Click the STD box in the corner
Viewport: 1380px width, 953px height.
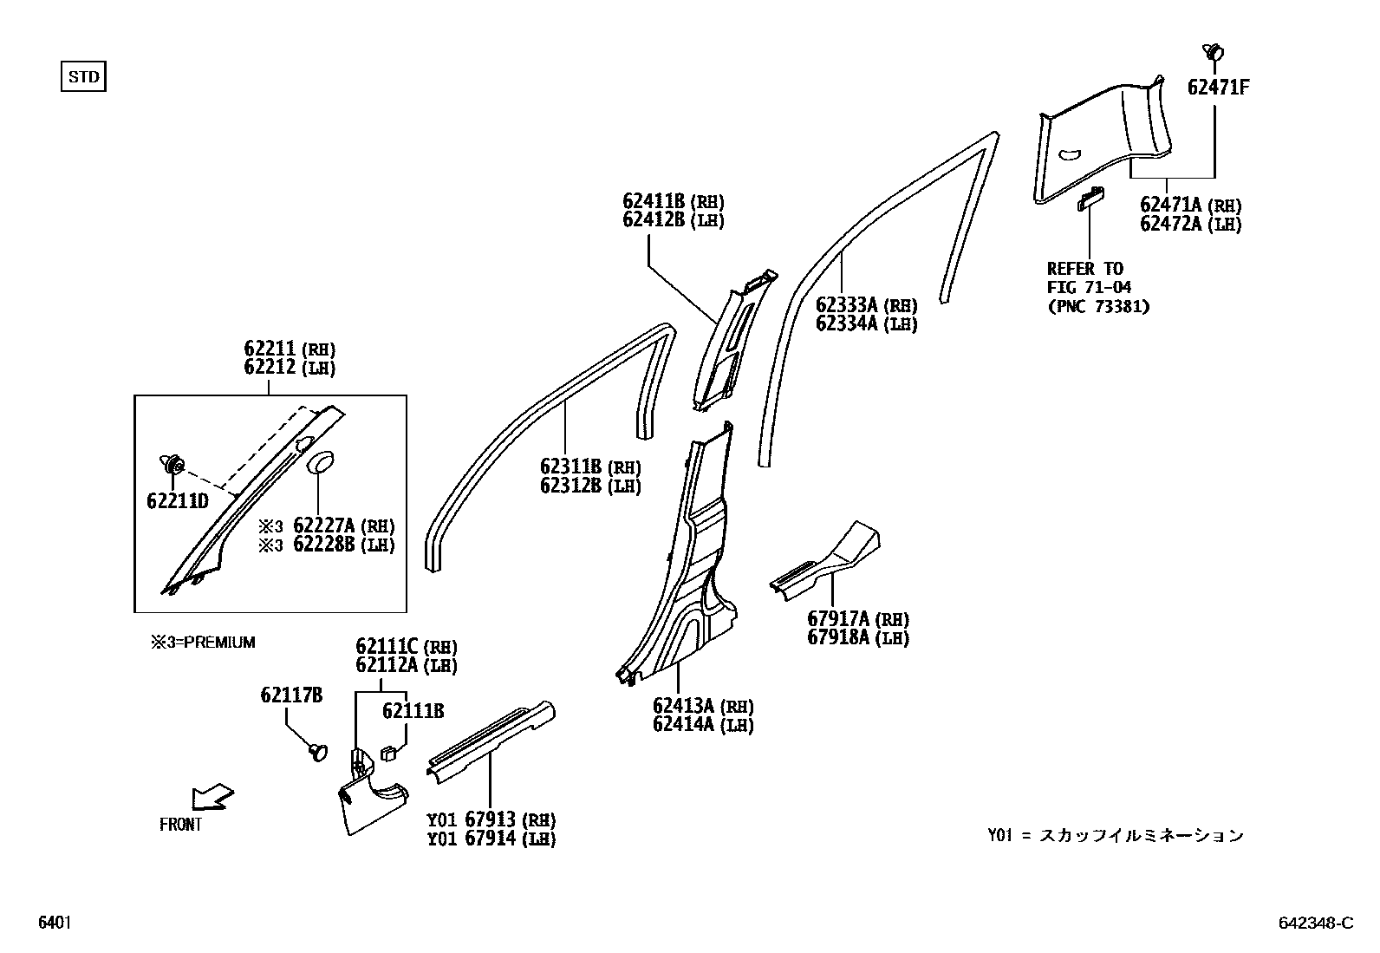coord(83,77)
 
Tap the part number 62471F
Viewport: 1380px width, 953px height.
coord(1218,88)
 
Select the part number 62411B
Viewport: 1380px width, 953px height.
coord(654,201)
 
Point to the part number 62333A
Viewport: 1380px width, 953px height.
coord(847,305)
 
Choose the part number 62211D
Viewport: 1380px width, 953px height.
coord(179,500)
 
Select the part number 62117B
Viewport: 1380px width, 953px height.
coord(292,695)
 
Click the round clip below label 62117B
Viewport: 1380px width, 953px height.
coord(318,751)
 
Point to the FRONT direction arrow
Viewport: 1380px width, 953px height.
coord(213,795)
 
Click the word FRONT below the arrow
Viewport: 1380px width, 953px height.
coord(180,825)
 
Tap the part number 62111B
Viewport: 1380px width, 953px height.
coord(413,711)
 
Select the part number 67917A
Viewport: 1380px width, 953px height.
coord(839,619)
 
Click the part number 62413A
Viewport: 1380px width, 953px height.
coord(685,706)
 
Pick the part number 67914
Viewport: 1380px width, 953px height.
coord(490,838)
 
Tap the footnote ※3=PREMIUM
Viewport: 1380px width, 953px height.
coord(203,643)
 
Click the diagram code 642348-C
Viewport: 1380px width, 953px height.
coord(1314,924)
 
